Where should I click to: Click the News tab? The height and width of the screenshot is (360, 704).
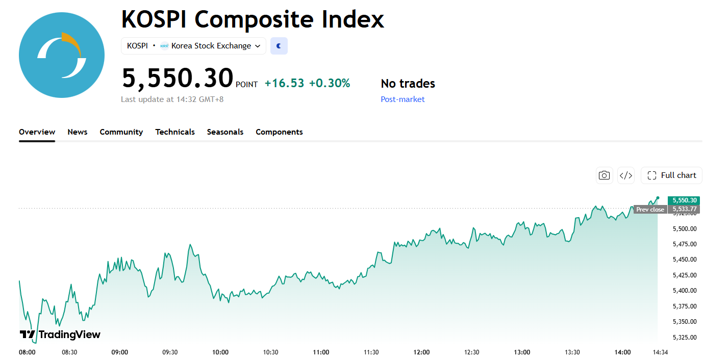point(78,132)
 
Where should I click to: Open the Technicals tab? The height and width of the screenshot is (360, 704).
point(175,132)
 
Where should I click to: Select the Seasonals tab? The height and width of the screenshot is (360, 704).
point(225,132)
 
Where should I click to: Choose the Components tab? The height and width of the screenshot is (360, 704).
point(279,132)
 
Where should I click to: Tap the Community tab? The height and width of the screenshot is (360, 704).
point(121,132)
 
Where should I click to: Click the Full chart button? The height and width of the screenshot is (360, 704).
point(672,175)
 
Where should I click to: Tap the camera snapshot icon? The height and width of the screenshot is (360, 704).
point(604,175)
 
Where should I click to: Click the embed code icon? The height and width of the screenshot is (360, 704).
point(626,175)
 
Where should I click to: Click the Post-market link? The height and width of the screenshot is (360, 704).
point(403,99)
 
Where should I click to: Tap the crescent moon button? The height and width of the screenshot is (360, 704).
point(279,46)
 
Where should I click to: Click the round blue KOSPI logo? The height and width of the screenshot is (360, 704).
point(62,55)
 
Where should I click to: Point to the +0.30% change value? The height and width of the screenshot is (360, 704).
point(330,83)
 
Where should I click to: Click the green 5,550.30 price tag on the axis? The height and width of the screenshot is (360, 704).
point(684,200)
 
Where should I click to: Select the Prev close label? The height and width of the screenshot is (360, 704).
point(650,209)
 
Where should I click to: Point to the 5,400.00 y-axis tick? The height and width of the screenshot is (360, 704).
point(685,291)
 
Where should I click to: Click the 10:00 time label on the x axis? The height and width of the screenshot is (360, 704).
point(220,352)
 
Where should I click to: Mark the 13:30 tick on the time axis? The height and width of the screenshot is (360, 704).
point(572,352)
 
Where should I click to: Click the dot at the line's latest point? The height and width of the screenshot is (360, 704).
point(658,198)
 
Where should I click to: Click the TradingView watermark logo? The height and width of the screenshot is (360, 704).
point(60,335)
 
